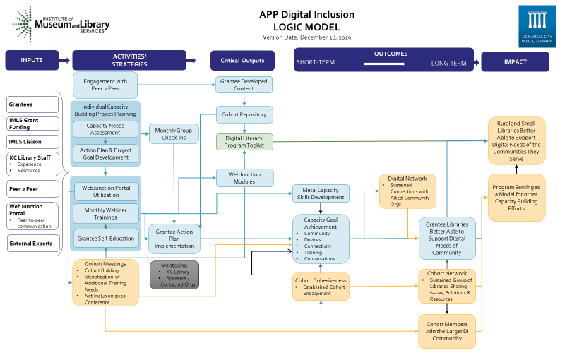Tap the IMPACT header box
click(515, 61)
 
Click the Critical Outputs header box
click(243, 61)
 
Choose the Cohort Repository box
click(244, 114)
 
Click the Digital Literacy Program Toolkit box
click(244, 143)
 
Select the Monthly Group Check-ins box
click(174, 133)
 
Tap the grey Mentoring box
click(174, 275)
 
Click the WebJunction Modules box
click(244, 176)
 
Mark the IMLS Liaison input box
click(32, 140)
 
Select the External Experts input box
click(32, 244)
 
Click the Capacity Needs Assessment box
click(105, 129)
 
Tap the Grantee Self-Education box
click(106, 239)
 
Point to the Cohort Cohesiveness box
click(321, 286)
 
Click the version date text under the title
click(306, 37)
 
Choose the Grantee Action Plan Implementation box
click(174, 239)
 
